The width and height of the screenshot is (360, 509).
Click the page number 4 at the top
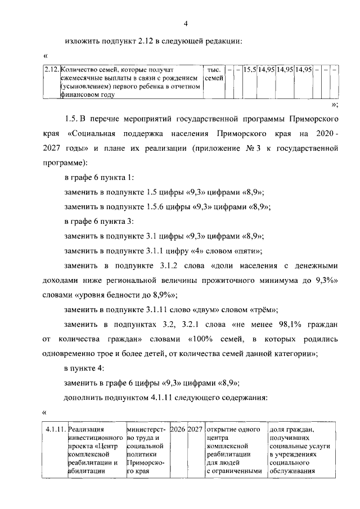coord(186,23)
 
